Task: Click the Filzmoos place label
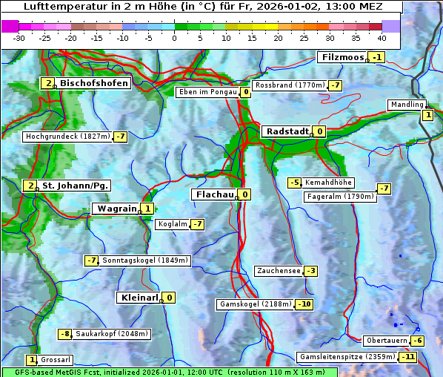[343, 57]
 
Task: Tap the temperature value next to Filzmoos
[378, 58]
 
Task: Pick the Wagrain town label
[116, 209]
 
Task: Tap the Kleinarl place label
[139, 298]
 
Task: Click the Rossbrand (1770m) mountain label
[290, 85]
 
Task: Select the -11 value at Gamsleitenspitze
[407, 357]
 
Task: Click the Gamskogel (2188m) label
[256, 304]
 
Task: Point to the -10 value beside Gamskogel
[304, 304]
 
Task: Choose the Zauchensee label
[279, 271]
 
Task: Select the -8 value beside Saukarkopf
[65, 334]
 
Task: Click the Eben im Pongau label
[207, 92]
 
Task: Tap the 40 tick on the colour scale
[382, 37]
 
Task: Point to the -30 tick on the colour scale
[19, 37]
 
